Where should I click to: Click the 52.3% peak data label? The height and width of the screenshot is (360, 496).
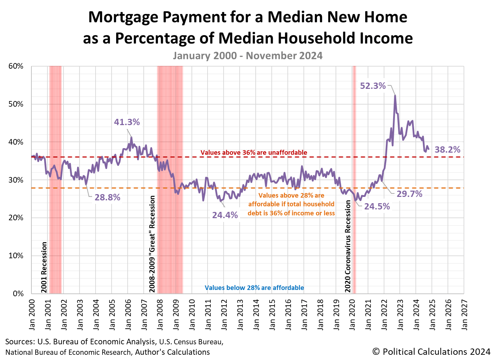373,86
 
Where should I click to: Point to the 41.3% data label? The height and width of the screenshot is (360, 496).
127,122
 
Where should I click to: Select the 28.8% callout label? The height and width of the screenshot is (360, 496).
107,198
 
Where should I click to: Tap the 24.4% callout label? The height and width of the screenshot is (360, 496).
225,215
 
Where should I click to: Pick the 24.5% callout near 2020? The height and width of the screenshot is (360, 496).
377,206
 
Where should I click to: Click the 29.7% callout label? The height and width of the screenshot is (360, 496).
409,194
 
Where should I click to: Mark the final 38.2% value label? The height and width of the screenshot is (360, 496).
448,150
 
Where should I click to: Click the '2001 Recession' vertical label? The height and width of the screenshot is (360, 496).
44,267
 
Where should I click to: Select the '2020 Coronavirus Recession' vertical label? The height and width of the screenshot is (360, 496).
348,246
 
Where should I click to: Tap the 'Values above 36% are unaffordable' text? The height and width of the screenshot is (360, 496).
254,152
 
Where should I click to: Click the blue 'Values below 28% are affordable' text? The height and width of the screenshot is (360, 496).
254,288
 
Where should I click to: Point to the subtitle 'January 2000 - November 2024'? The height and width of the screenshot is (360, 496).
248,56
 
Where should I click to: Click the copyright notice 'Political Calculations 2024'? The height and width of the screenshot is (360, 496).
431,351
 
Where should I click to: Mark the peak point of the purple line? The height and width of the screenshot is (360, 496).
395,95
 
